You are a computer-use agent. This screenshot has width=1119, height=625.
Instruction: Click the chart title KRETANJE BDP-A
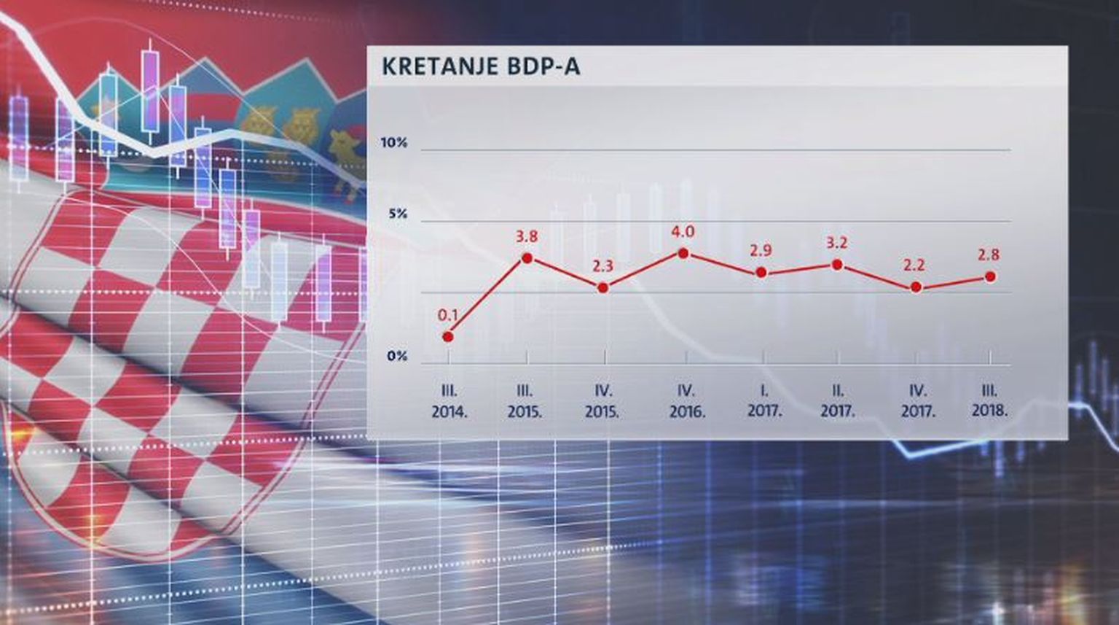pos(481,66)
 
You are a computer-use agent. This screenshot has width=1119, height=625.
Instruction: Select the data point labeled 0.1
pos(448,337)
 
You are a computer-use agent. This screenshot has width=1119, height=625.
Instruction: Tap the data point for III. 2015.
pos(527,258)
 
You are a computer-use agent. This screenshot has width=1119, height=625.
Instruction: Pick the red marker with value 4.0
pos(683,253)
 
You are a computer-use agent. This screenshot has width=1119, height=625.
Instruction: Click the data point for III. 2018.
pos(990,276)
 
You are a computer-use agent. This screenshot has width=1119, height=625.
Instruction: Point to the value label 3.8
pos(527,236)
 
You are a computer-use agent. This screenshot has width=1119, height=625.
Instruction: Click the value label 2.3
pos(602,266)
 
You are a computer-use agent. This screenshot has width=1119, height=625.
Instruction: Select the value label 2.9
pos(761,250)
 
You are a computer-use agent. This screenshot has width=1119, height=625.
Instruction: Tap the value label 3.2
pos(837,243)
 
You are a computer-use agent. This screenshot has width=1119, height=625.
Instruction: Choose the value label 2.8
pos(989,255)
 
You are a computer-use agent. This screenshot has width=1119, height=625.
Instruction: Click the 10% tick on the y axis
pos(394,143)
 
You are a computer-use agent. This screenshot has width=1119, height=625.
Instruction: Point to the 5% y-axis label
pos(398,214)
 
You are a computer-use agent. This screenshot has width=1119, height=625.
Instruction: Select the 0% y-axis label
pos(397,357)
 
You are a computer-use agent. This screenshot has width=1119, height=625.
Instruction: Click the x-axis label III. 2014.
pos(449,401)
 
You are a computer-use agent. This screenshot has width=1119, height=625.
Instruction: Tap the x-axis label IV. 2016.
pos(687,401)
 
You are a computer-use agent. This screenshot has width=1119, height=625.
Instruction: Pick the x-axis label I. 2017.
pos(764,401)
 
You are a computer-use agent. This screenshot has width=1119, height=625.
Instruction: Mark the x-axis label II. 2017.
pos(838,401)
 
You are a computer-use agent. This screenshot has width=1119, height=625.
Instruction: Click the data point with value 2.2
pos(916,287)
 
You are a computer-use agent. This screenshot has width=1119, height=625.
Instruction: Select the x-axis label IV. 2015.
pos(602,401)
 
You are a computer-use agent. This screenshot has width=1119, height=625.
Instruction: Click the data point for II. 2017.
pos(837,265)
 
